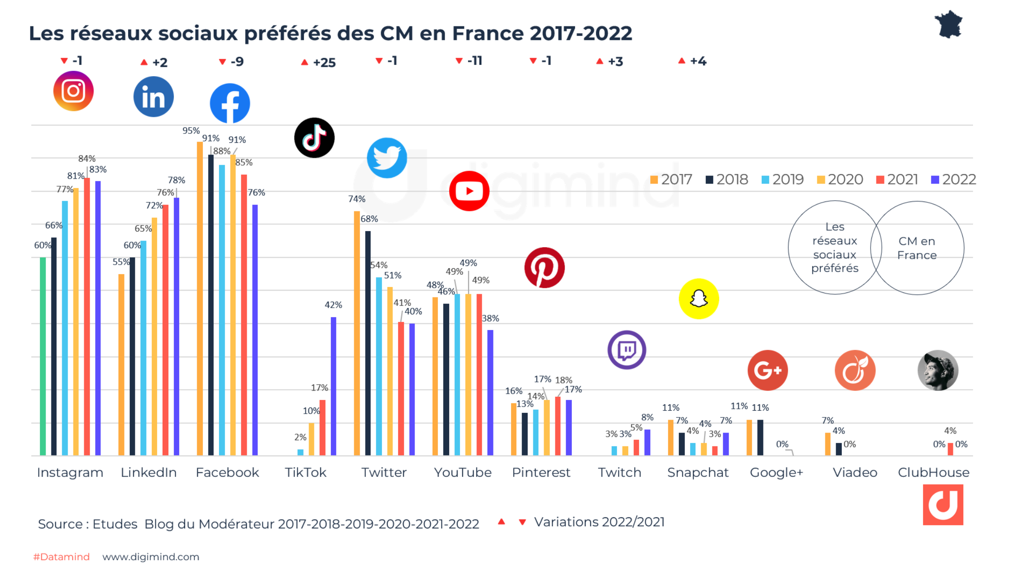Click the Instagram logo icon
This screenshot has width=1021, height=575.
pyautogui.click(x=73, y=91)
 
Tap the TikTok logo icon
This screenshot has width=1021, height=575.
pyautogui.click(x=314, y=138)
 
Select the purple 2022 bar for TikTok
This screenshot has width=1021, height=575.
pyautogui.click(x=334, y=386)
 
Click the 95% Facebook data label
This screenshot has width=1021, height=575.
pyautogui.click(x=191, y=131)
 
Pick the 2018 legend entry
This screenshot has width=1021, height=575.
pyautogui.click(x=727, y=180)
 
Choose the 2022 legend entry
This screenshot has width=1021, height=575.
pyautogui.click(x=953, y=180)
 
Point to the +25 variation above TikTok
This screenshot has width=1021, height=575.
pyautogui.click(x=319, y=62)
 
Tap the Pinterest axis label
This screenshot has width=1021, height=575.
pyautogui.click(x=541, y=472)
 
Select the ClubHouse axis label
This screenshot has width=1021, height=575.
pyautogui.click(x=933, y=472)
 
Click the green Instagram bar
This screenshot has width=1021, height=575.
pyautogui.click(x=43, y=356)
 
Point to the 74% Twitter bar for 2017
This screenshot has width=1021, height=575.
pyautogui.click(x=357, y=333)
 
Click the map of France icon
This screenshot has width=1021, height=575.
pyautogui.click(x=948, y=24)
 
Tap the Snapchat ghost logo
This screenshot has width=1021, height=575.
pyautogui.click(x=699, y=299)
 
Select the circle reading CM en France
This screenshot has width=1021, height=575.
pyautogui.click(x=917, y=248)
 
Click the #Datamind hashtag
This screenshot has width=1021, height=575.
pyautogui.click(x=61, y=557)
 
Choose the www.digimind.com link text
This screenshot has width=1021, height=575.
pyautogui.click(x=151, y=557)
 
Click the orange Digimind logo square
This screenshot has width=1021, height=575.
pyautogui.click(x=943, y=504)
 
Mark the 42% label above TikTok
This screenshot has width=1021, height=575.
pyautogui.click(x=333, y=305)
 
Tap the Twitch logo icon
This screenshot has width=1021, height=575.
pyautogui.click(x=626, y=350)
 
